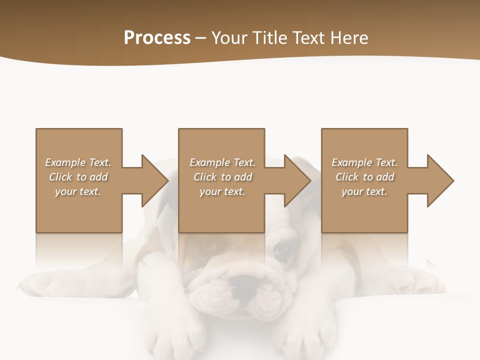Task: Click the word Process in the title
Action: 157,38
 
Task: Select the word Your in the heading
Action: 230,38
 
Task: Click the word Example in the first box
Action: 65,162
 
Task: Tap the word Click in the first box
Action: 60,177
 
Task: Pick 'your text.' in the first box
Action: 78,191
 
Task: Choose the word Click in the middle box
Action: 205,177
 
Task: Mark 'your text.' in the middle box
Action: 222,191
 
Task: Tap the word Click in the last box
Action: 347,177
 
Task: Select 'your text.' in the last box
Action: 364,191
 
